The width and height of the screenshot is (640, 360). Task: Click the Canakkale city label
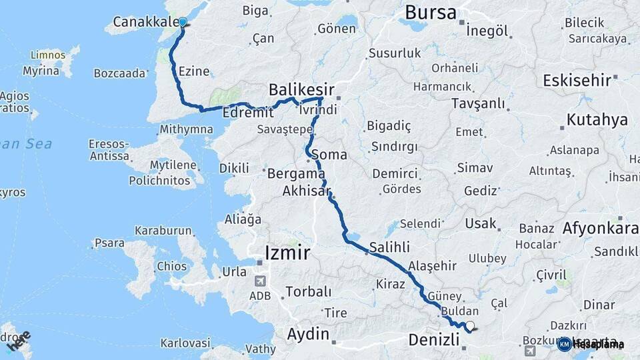pyautogui.click(x=145, y=22)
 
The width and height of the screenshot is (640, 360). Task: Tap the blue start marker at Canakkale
pyautogui.click(x=183, y=22)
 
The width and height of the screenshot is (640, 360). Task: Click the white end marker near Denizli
pyautogui.click(x=470, y=326)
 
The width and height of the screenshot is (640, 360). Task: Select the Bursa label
pyautogui.click(x=431, y=12)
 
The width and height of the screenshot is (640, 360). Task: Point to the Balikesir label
pyautogui.click(x=301, y=89)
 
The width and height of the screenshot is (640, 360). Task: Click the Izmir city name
pyautogui.click(x=287, y=253)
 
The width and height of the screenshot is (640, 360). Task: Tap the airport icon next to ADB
pyautogui.click(x=259, y=280)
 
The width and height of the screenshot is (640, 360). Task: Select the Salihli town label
pyautogui.click(x=389, y=247)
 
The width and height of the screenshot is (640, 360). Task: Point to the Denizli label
pyautogui.click(x=433, y=341)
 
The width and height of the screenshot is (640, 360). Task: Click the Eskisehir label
pyautogui.click(x=577, y=81)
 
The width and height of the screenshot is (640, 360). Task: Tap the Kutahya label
pyautogui.click(x=597, y=120)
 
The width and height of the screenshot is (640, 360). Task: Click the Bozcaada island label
pyautogui.click(x=119, y=73)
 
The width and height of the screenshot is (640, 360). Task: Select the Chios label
pyautogui.click(x=172, y=267)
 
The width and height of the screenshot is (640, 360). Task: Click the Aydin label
pyautogui.click(x=308, y=333)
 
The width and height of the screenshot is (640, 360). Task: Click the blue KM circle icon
pyautogui.click(x=564, y=344)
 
